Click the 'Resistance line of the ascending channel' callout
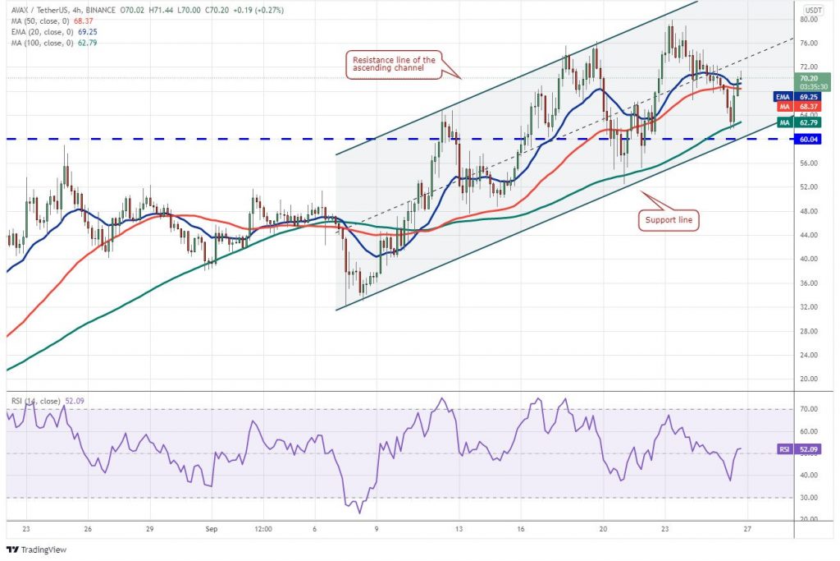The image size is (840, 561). tap(394, 62)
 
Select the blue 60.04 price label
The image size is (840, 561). tap(810, 140)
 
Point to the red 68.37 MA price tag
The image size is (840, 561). tap(810, 106)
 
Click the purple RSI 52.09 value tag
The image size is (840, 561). tap(809, 449)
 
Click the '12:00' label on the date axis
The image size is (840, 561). tap(262, 530)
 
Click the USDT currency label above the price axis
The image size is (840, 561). tap(813, 9)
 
